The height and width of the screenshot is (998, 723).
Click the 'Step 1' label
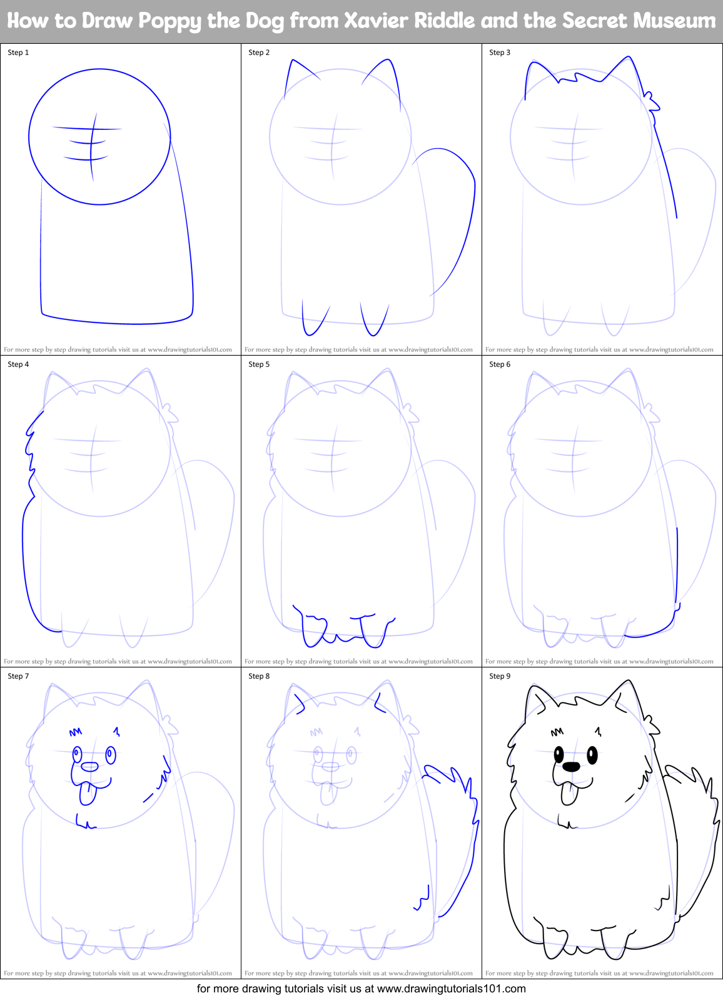18,52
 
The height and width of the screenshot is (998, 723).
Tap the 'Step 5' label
259,364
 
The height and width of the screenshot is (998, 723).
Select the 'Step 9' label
500,676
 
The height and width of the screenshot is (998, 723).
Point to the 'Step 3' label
500,52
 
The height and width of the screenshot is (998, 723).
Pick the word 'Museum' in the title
674,21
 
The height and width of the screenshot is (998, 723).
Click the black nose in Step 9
571,766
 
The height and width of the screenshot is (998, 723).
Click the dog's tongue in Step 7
87,794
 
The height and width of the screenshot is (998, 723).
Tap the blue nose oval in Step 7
90,767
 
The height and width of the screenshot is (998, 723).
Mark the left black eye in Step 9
558,755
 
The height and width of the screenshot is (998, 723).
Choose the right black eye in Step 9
592,755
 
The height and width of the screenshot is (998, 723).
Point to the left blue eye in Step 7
77,755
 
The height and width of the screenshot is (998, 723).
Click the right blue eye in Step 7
111,755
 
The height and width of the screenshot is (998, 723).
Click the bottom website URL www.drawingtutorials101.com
451,989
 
